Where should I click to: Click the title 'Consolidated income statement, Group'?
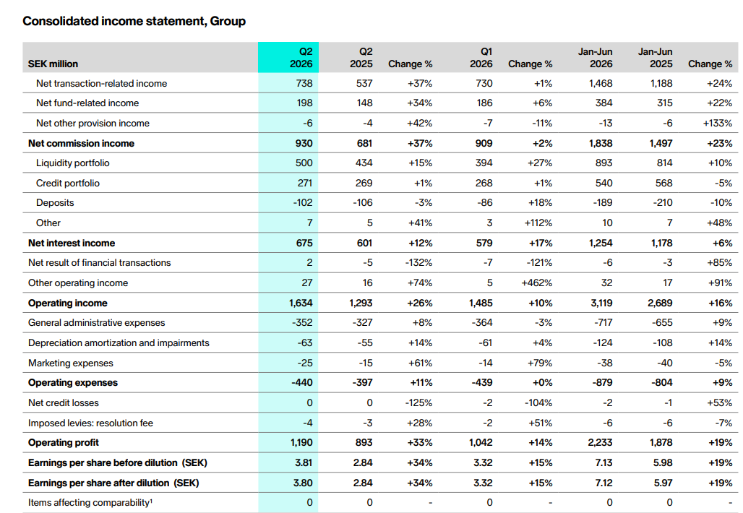[134, 22]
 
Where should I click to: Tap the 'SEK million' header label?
[53, 64]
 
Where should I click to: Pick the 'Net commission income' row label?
[81, 144]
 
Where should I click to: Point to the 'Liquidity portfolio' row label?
[72, 163]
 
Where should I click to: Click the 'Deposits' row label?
[55, 203]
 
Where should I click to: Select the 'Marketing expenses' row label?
[71, 363]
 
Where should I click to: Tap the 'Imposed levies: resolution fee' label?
[90, 423]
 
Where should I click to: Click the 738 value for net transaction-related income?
[304, 83]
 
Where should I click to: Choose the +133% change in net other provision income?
[718, 123]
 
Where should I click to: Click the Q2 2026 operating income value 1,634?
[301, 303]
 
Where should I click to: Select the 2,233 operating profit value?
[601, 442]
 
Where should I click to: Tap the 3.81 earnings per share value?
[304, 463]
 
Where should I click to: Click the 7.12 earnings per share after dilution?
[604, 483]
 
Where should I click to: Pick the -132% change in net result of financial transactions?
[419, 262]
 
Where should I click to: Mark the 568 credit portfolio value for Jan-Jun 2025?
[664, 183]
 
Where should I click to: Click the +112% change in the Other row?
[538, 223]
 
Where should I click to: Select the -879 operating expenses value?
[602, 383]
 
